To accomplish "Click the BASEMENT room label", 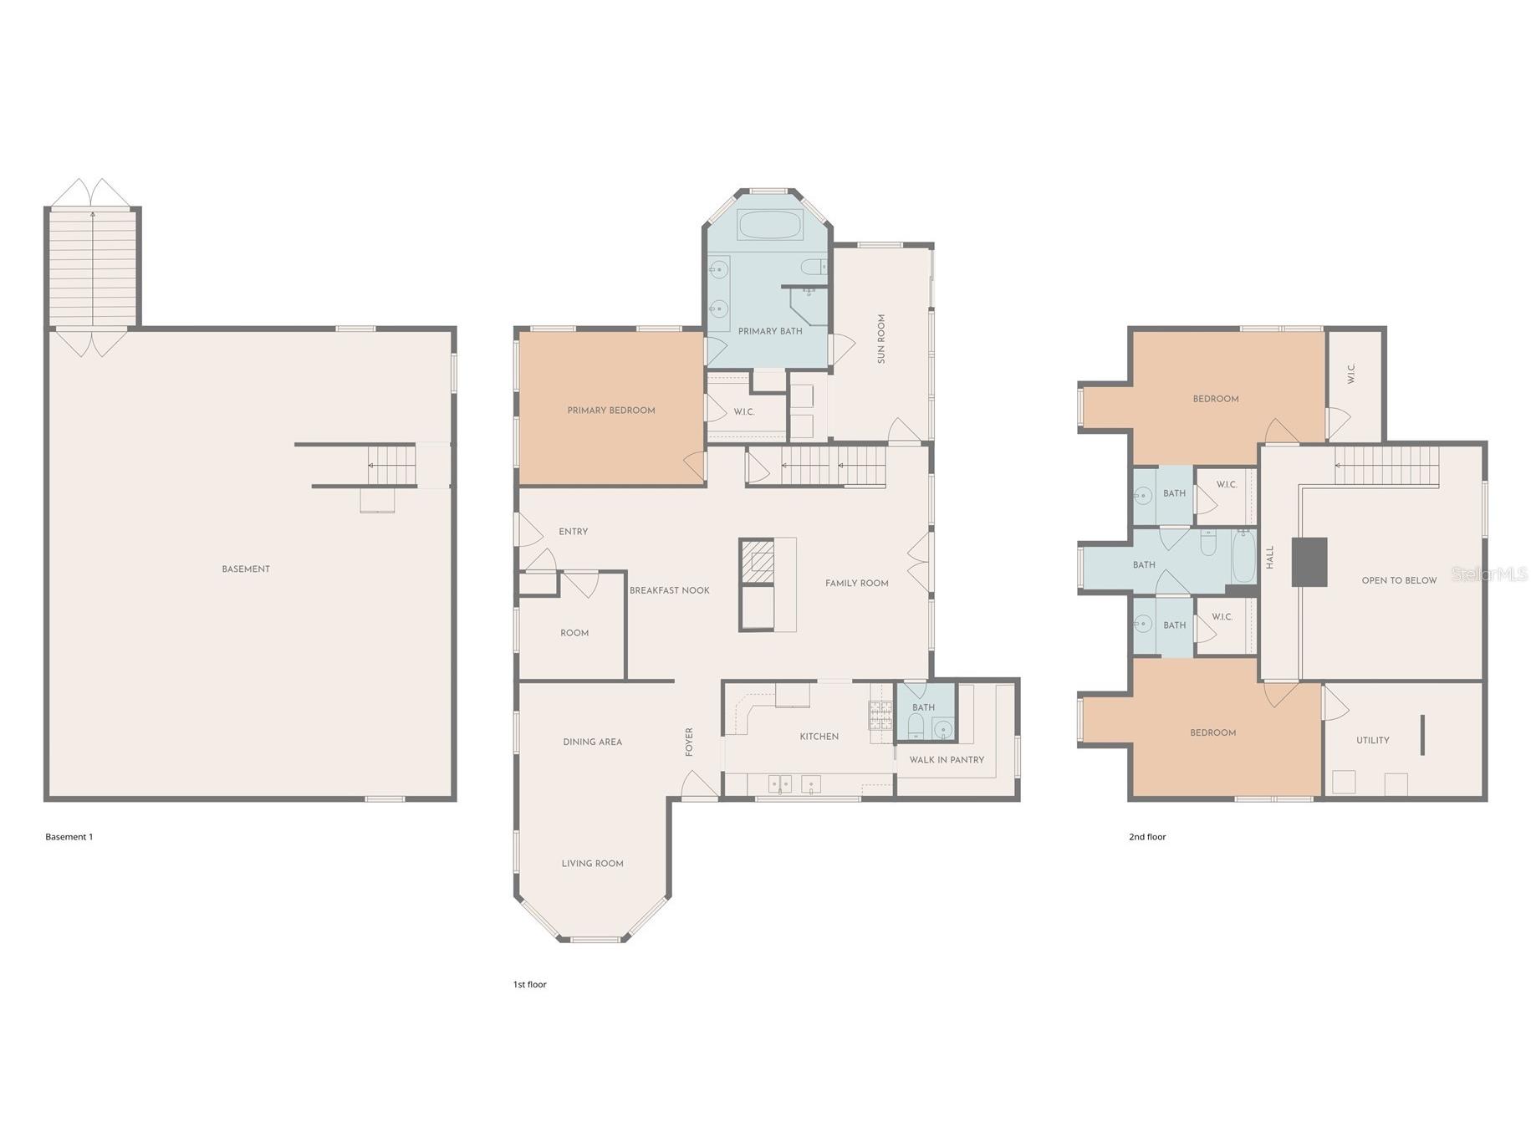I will [245, 569].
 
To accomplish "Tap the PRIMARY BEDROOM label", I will [610, 410].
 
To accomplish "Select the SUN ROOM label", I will [880, 338].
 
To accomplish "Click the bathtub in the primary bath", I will [769, 224].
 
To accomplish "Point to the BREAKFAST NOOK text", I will [669, 589].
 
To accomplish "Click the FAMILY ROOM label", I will [856, 583].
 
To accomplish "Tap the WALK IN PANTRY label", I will [946, 759].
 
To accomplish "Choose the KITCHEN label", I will [819, 736].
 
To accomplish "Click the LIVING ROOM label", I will [592, 863].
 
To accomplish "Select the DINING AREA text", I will [592, 741].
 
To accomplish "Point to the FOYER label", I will [689, 741].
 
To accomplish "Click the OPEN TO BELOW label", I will [1398, 579].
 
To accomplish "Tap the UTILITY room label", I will [1372, 739].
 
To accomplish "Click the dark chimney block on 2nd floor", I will [1309, 561].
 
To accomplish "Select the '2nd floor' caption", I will [1146, 836].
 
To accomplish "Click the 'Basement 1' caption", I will [69, 836].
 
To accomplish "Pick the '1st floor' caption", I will [529, 984].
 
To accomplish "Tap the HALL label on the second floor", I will [1269, 557].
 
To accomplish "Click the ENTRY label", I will [573, 531].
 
